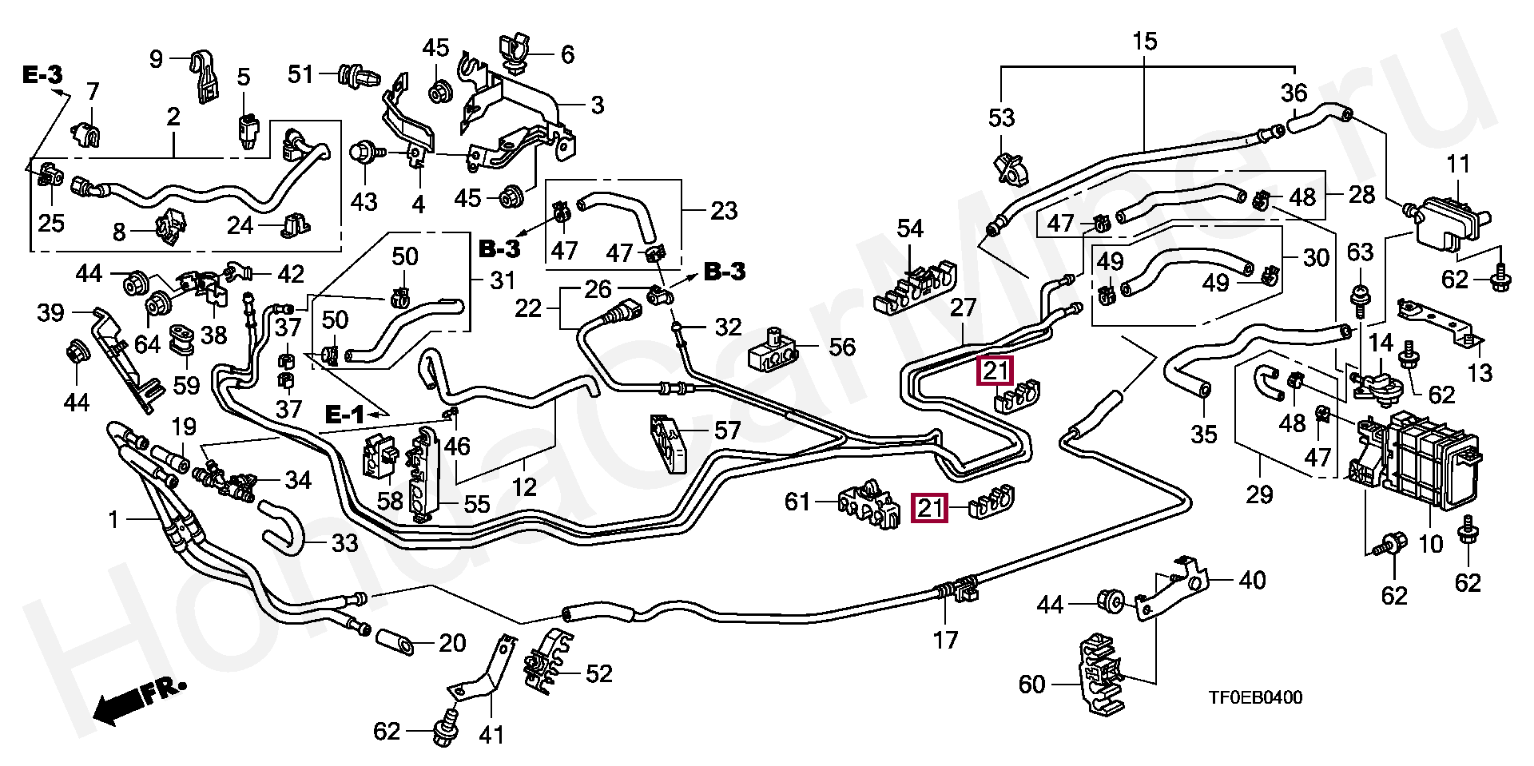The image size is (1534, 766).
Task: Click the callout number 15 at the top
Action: (x=1144, y=41)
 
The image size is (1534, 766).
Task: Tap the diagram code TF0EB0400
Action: (x=1254, y=698)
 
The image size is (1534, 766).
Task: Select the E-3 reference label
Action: (x=42, y=76)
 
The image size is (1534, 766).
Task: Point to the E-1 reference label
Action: (x=344, y=415)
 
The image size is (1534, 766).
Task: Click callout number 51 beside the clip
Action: (x=300, y=74)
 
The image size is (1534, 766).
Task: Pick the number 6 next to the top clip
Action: (x=567, y=54)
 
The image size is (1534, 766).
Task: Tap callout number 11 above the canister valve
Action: (x=1458, y=165)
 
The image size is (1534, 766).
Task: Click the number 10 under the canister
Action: (x=1430, y=545)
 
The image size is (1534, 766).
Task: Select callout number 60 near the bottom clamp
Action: (x=1031, y=685)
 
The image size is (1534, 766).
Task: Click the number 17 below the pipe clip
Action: (x=946, y=641)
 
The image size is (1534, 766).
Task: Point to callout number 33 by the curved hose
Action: (x=344, y=544)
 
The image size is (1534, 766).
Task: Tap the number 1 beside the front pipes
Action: (x=113, y=521)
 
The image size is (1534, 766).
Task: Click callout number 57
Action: (x=727, y=432)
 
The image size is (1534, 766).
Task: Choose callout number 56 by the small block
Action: (x=842, y=347)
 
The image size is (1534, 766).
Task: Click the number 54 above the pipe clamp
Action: (x=909, y=229)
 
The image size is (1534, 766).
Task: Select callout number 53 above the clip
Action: (x=1001, y=118)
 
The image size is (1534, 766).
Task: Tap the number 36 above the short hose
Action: (x=1294, y=93)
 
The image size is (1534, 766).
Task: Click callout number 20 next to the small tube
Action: (x=452, y=643)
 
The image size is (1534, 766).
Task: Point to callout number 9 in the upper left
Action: (x=156, y=58)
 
